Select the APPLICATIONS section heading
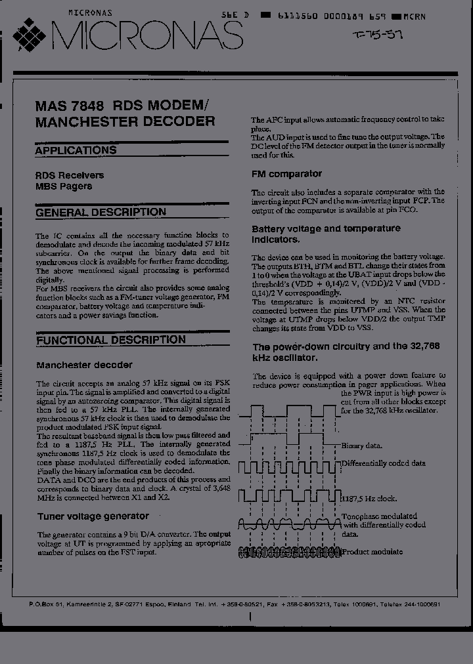click(76, 150)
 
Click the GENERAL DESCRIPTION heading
click(101, 213)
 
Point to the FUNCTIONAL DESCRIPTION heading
click(111, 340)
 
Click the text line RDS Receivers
click(70, 175)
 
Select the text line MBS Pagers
click(64, 186)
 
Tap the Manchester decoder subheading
click(84, 365)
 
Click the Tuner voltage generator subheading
click(93, 516)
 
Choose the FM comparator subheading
click(286, 174)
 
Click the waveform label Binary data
click(362, 446)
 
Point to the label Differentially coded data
click(384, 463)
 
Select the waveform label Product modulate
click(372, 552)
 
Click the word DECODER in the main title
click(175, 121)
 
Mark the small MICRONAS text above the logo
click(90, 12)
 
